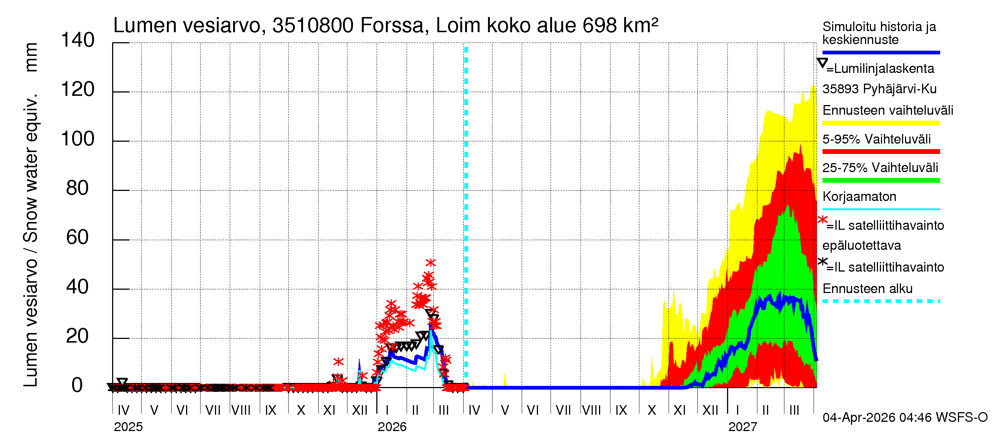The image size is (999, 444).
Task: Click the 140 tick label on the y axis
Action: pos(78,40)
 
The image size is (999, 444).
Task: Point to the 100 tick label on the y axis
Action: pos(78,139)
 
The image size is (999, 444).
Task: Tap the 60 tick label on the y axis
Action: pos(78,238)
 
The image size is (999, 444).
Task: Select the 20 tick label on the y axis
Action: pos(78,336)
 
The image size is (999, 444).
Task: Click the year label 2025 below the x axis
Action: pos(128,427)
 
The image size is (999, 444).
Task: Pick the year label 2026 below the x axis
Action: pos(392,427)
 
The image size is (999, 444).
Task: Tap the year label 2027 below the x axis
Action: pos(742,427)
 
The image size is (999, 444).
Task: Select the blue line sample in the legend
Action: pos(881,52)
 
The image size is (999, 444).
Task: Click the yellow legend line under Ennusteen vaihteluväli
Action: pos(881,123)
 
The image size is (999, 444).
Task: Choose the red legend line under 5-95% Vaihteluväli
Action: pos(881,152)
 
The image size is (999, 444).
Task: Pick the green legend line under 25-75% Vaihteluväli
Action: pos(881,180)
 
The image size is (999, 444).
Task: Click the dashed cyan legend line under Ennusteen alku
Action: pos(881,301)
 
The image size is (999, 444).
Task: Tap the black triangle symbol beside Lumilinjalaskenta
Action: pos(822,63)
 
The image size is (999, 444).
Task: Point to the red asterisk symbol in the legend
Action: pos(822,220)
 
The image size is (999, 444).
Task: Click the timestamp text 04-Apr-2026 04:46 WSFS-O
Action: pos(905,418)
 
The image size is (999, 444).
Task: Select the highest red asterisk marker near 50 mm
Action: pos(430,263)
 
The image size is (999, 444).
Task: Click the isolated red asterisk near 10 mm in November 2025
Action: pos(338,362)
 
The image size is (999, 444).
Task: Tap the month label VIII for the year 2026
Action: pos(591,410)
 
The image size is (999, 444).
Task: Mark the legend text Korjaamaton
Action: pos(859,196)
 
